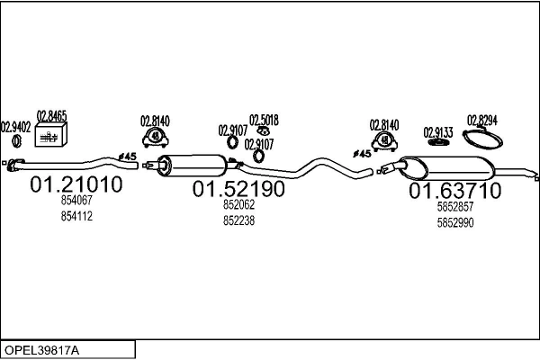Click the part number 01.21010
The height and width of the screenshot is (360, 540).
[x=76, y=185]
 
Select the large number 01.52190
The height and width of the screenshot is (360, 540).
[x=238, y=189]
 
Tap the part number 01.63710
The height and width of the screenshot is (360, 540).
[x=454, y=191]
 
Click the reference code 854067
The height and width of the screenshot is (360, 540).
[x=76, y=202]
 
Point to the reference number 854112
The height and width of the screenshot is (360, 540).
[x=76, y=216]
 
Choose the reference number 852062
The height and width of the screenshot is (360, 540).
[x=238, y=205]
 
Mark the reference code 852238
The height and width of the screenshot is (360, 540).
[x=238, y=220]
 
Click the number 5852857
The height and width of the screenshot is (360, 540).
[x=454, y=206]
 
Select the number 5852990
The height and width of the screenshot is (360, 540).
[x=454, y=222]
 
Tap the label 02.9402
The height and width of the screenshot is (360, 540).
[x=15, y=127]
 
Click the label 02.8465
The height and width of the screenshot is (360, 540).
[x=51, y=116]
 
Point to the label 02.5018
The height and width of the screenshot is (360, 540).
[x=264, y=120]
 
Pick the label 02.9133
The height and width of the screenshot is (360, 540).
[x=438, y=132]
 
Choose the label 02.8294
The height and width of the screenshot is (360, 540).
[x=482, y=120]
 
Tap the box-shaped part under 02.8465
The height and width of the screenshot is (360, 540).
[x=51, y=135]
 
